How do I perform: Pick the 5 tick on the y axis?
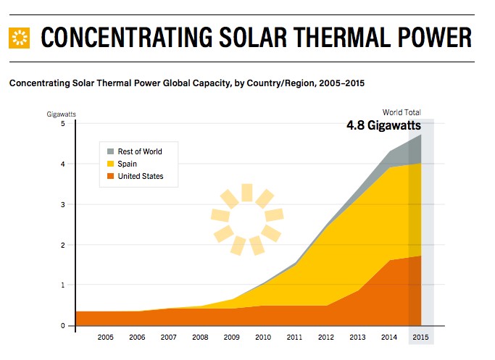pyautogui.click(x=63, y=124)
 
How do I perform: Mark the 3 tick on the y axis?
pyautogui.click(x=63, y=205)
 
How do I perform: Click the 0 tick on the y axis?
pyautogui.click(x=63, y=326)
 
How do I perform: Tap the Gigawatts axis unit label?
pyautogui.click(x=62, y=114)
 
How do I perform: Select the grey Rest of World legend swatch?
pyautogui.click(x=111, y=151)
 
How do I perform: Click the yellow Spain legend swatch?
pyautogui.click(x=111, y=164)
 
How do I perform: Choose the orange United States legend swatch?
pyautogui.click(x=111, y=176)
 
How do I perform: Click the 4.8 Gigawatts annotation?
pyautogui.click(x=383, y=125)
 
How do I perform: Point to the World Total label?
pyautogui.click(x=402, y=112)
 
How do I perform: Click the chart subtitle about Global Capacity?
pyautogui.click(x=187, y=83)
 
